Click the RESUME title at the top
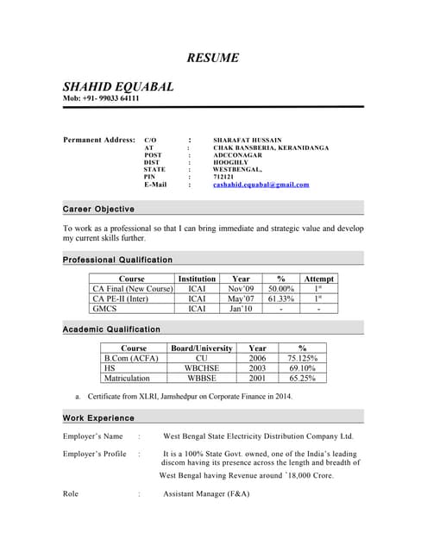213,58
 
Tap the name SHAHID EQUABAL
118,86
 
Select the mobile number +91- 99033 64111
110,98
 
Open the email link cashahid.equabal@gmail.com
261,185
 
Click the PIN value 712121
223,176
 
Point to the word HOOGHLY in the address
230,162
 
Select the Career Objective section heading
99,210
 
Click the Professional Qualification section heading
118,260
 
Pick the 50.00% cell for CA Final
281,289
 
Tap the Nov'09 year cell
242,289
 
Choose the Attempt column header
318,279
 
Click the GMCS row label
105,308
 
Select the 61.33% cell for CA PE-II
281,298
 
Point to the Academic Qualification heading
112,329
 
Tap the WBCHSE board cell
202,367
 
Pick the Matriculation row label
127,378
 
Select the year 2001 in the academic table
257,378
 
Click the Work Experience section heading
98,418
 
